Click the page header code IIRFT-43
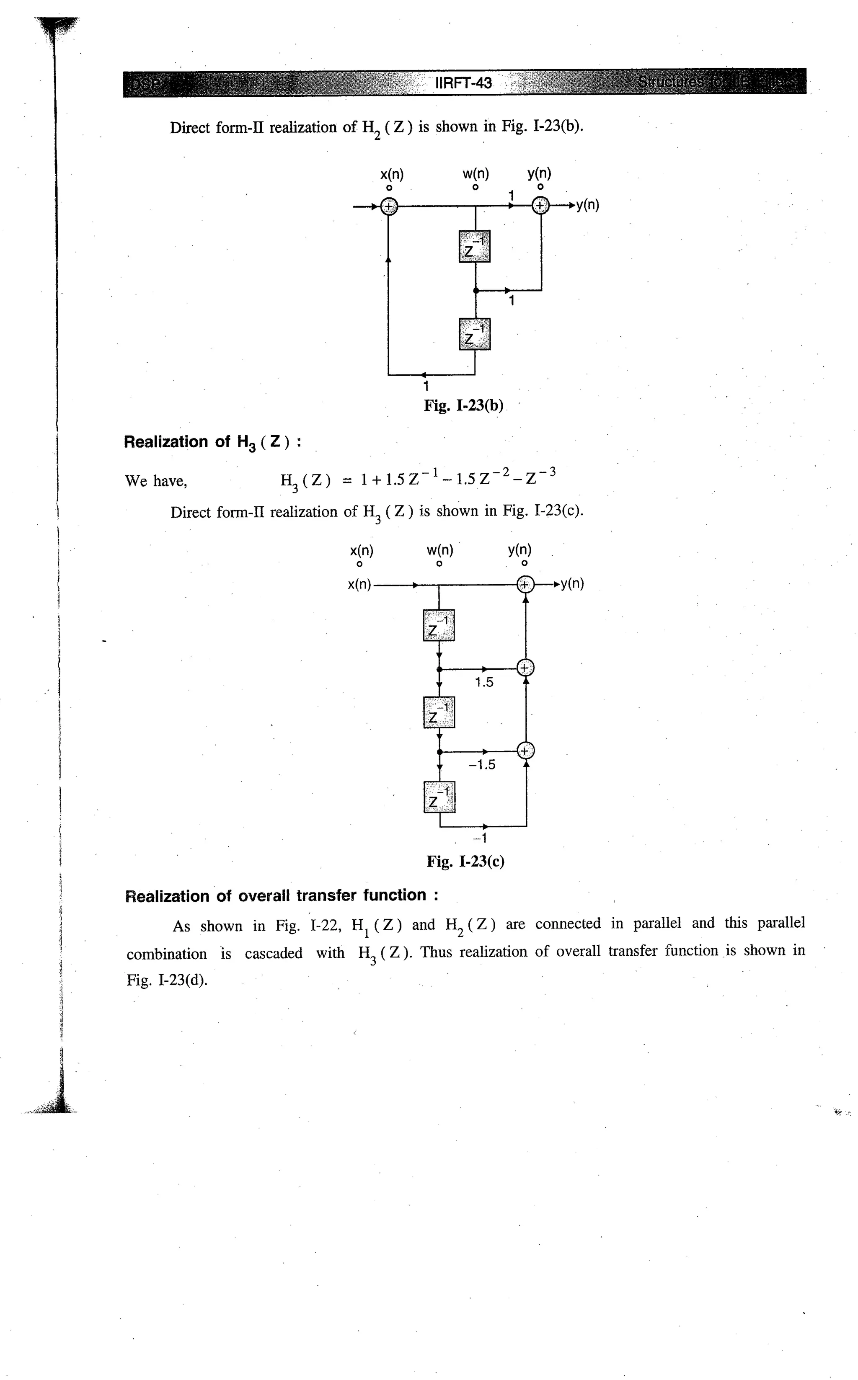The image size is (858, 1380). (464, 83)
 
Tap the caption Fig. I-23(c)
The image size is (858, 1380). (465, 862)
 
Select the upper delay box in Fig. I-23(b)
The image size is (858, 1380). (474, 246)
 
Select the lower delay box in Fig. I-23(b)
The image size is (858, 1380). (474, 334)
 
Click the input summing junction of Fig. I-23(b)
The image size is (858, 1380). (389, 206)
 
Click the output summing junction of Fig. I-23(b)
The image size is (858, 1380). (541, 206)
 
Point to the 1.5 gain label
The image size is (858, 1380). (484, 682)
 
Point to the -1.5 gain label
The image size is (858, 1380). (482, 765)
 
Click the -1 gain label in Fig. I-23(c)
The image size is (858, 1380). (480, 838)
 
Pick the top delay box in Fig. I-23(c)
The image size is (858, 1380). (439, 625)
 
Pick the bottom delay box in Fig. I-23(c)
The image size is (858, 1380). (439, 797)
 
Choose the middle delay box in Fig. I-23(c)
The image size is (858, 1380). (439, 712)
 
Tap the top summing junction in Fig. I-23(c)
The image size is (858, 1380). (525, 584)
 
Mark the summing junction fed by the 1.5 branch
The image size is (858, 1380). (525, 668)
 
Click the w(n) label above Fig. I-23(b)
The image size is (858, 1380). (476, 173)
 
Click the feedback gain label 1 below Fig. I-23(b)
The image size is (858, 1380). (426, 387)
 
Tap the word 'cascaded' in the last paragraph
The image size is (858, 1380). (274, 954)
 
